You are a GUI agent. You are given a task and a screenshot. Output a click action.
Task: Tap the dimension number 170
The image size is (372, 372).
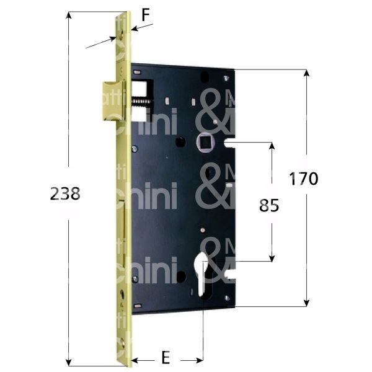pyautogui.click(x=304, y=179)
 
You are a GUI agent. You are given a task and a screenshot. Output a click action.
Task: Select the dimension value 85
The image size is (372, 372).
pyautogui.click(x=269, y=205)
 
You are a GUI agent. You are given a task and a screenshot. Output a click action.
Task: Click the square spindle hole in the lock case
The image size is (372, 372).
pyautogui.click(x=204, y=144)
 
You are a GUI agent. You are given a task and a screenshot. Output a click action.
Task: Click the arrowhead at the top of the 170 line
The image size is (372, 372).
pyautogui.click(x=306, y=73)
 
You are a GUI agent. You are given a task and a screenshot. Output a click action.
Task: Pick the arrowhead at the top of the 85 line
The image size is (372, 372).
pyautogui.click(x=271, y=146)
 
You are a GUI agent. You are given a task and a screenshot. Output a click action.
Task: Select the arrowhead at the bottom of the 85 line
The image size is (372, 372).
pyautogui.click(x=271, y=257)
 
